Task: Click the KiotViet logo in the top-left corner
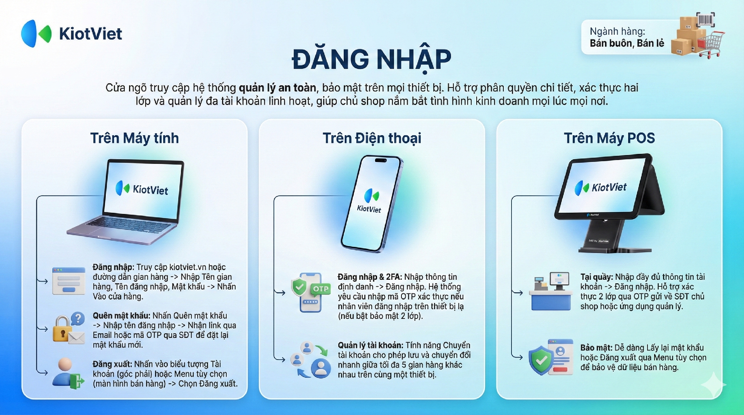(72, 34)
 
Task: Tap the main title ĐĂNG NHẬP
(372, 59)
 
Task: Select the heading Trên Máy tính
(134, 138)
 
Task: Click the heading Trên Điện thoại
(372, 138)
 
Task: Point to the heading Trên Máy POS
(609, 138)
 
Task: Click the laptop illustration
(128, 201)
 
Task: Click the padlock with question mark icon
(69, 328)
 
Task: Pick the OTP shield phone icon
(310, 292)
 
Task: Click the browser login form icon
(69, 281)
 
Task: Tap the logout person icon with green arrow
(68, 373)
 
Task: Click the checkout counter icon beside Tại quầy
(550, 291)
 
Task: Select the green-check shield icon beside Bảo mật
(551, 357)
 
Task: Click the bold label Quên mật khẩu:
(121, 316)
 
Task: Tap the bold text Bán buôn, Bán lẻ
(627, 43)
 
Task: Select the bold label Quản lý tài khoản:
(370, 345)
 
